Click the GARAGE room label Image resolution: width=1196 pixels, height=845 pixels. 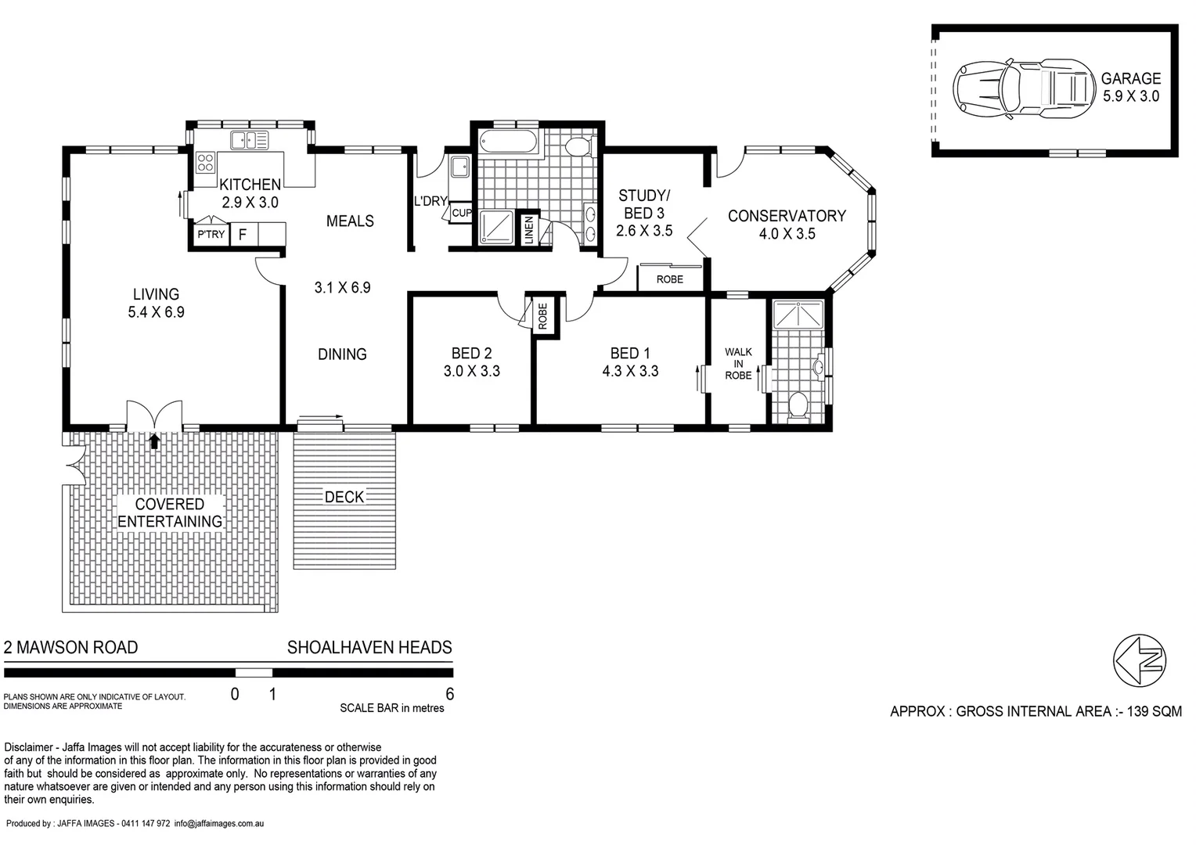coord(1130,78)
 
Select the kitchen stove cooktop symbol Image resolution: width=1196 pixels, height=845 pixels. coord(205,163)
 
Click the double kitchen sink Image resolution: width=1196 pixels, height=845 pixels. coord(249,141)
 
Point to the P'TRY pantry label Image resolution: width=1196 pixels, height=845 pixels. coord(211,234)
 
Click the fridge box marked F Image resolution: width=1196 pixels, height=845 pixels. coord(243,234)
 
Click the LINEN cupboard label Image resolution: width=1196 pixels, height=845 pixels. coord(529,230)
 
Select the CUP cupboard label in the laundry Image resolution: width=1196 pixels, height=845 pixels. coord(462,213)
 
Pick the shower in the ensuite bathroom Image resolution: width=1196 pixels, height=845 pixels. coord(798,315)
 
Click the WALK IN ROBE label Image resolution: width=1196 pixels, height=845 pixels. coord(737,364)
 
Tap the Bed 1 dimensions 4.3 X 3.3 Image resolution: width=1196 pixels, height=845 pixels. coord(630,372)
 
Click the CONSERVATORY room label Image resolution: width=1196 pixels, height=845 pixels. coord(787,216)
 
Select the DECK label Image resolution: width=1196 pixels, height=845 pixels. coord(344,497)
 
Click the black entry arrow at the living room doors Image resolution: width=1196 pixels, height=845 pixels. coord(154,441)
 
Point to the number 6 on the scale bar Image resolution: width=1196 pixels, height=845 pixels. coord(449,694)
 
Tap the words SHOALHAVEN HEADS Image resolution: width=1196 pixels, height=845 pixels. coord(369,648)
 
